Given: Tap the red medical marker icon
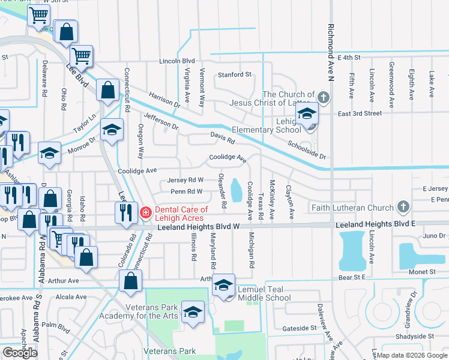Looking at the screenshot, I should click(145, 212).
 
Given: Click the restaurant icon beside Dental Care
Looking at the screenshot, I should click(125, 213).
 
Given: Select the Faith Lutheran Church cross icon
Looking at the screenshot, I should click(403, 208).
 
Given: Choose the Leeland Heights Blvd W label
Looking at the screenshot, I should click(199, 226).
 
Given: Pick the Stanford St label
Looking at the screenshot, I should click(234, 75).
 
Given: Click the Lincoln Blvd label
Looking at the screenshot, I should click(177, 61).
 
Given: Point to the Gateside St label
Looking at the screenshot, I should click(299, 328).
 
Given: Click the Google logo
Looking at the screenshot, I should click(20, 353).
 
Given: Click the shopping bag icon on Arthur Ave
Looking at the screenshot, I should click(130, 281).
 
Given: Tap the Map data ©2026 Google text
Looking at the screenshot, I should click(411, 355).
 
